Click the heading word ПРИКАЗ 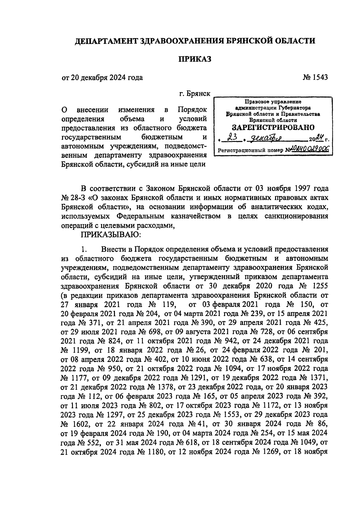click(x=195, y=59)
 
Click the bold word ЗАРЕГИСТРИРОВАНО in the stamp click(x=273, y=127)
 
